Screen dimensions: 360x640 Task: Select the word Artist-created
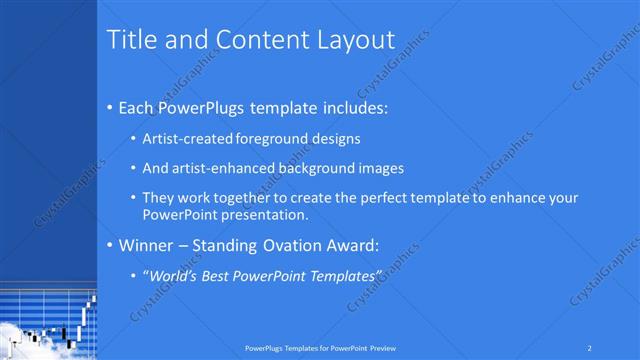[x=189, y=138]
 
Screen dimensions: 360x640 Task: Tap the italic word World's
[x=173, y=275]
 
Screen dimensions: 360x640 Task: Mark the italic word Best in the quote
[x=216, y=275]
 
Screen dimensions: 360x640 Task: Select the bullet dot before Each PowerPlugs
[x=109, y=108]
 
